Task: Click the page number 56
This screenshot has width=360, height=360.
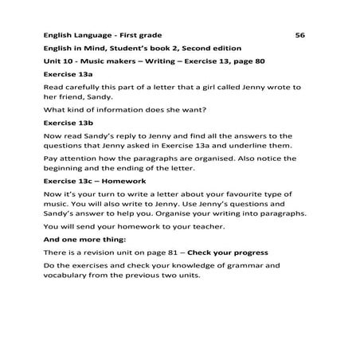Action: click(x=299, y=35)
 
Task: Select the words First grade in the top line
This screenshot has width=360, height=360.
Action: click(x=140, y=35)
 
